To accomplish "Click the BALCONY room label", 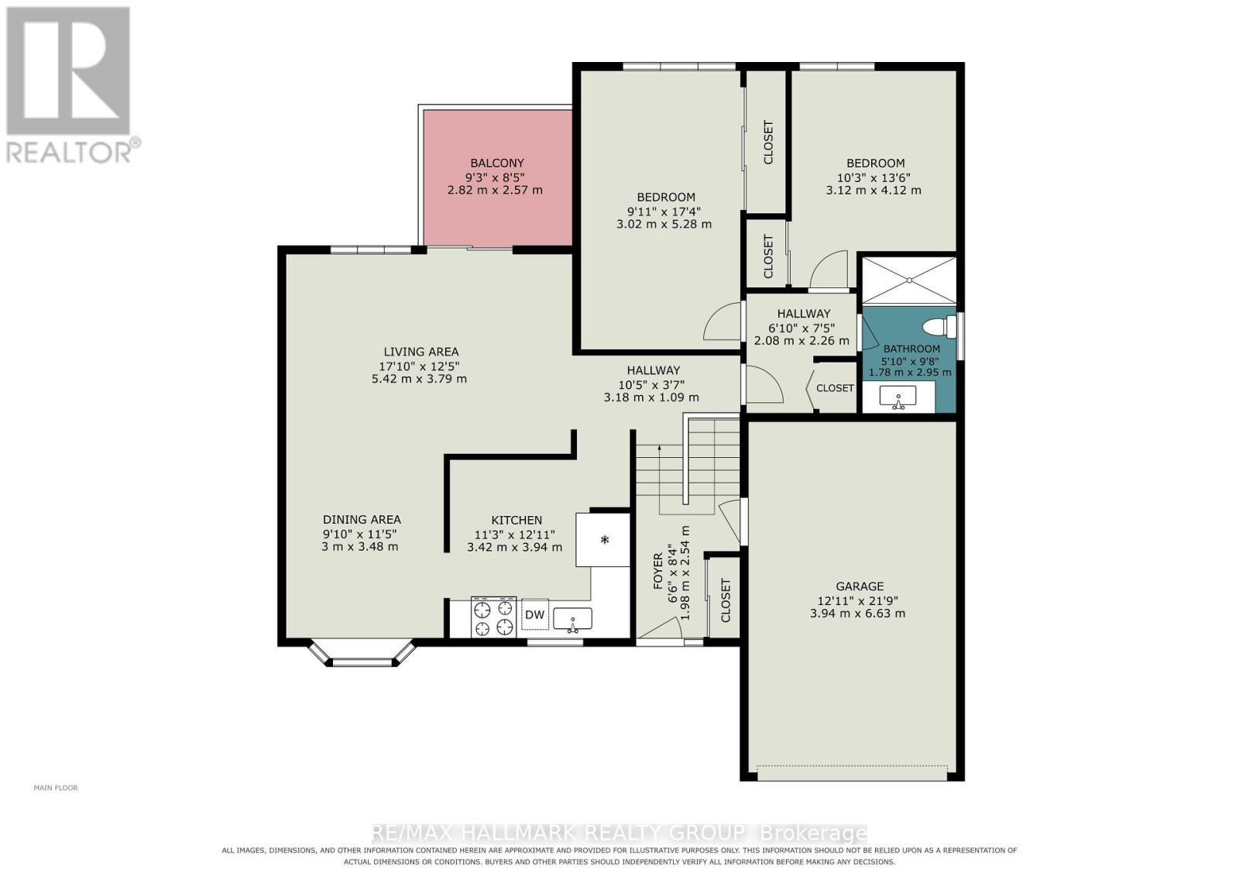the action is point(496,163).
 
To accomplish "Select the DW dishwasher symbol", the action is point(534,614).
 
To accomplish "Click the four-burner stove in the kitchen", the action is point(493,617).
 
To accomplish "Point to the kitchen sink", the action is point(572,620).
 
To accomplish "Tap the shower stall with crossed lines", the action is point(909,280).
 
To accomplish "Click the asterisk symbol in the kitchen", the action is point(605,539).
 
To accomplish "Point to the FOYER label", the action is point(658,570).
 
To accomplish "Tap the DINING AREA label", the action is point(362,520).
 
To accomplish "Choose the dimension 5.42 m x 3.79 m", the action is point(419,379).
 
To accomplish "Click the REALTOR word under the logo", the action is point(69,153).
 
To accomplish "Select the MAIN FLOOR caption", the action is point(56,788).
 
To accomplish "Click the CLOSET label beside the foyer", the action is point(726,600).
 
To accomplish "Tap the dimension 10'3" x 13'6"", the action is point(873,177).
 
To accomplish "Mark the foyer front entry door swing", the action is point(661,630).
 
